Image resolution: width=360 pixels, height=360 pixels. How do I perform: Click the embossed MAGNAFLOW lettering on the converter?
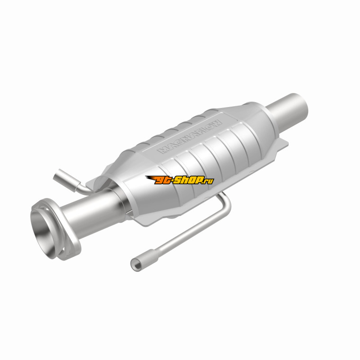189,137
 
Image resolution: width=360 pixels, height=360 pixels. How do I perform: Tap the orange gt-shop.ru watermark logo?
180,180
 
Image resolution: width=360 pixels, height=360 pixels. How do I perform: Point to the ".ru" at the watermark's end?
208,181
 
